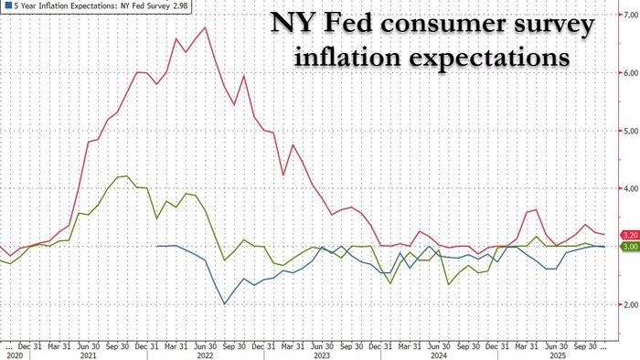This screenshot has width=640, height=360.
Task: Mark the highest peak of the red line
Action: (205, 27)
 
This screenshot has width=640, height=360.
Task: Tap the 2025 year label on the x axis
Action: (556, 355)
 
